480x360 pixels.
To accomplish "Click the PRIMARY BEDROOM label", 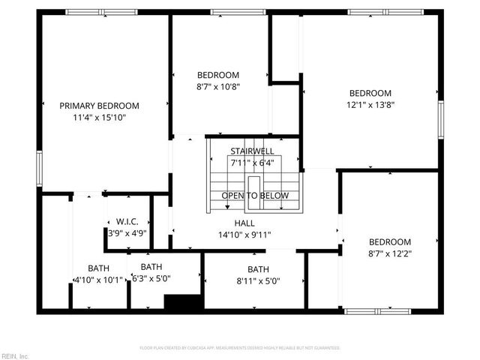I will [99, 106].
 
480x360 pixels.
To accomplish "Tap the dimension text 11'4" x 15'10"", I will [99, 118].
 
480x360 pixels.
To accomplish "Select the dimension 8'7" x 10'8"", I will [218, 87].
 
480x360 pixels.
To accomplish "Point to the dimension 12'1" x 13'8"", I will [370, 105].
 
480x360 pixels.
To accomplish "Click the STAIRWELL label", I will [250, 151].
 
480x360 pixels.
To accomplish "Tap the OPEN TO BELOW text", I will [255, 196].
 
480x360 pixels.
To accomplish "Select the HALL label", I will [244, 223].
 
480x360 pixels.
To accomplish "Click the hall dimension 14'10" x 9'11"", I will [244, 235].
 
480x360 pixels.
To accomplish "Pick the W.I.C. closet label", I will [127, 222].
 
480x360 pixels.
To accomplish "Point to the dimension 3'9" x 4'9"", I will [127, 233].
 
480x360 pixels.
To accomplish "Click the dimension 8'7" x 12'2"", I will [389, 253].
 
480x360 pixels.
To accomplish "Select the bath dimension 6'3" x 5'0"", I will [151, 278].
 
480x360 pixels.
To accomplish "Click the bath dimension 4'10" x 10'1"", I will [98, 280].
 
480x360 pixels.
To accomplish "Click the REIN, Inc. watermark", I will [15, 355].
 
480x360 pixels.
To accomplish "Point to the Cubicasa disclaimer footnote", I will [240, 348].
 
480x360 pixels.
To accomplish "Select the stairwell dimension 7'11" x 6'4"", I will [250, 162].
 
